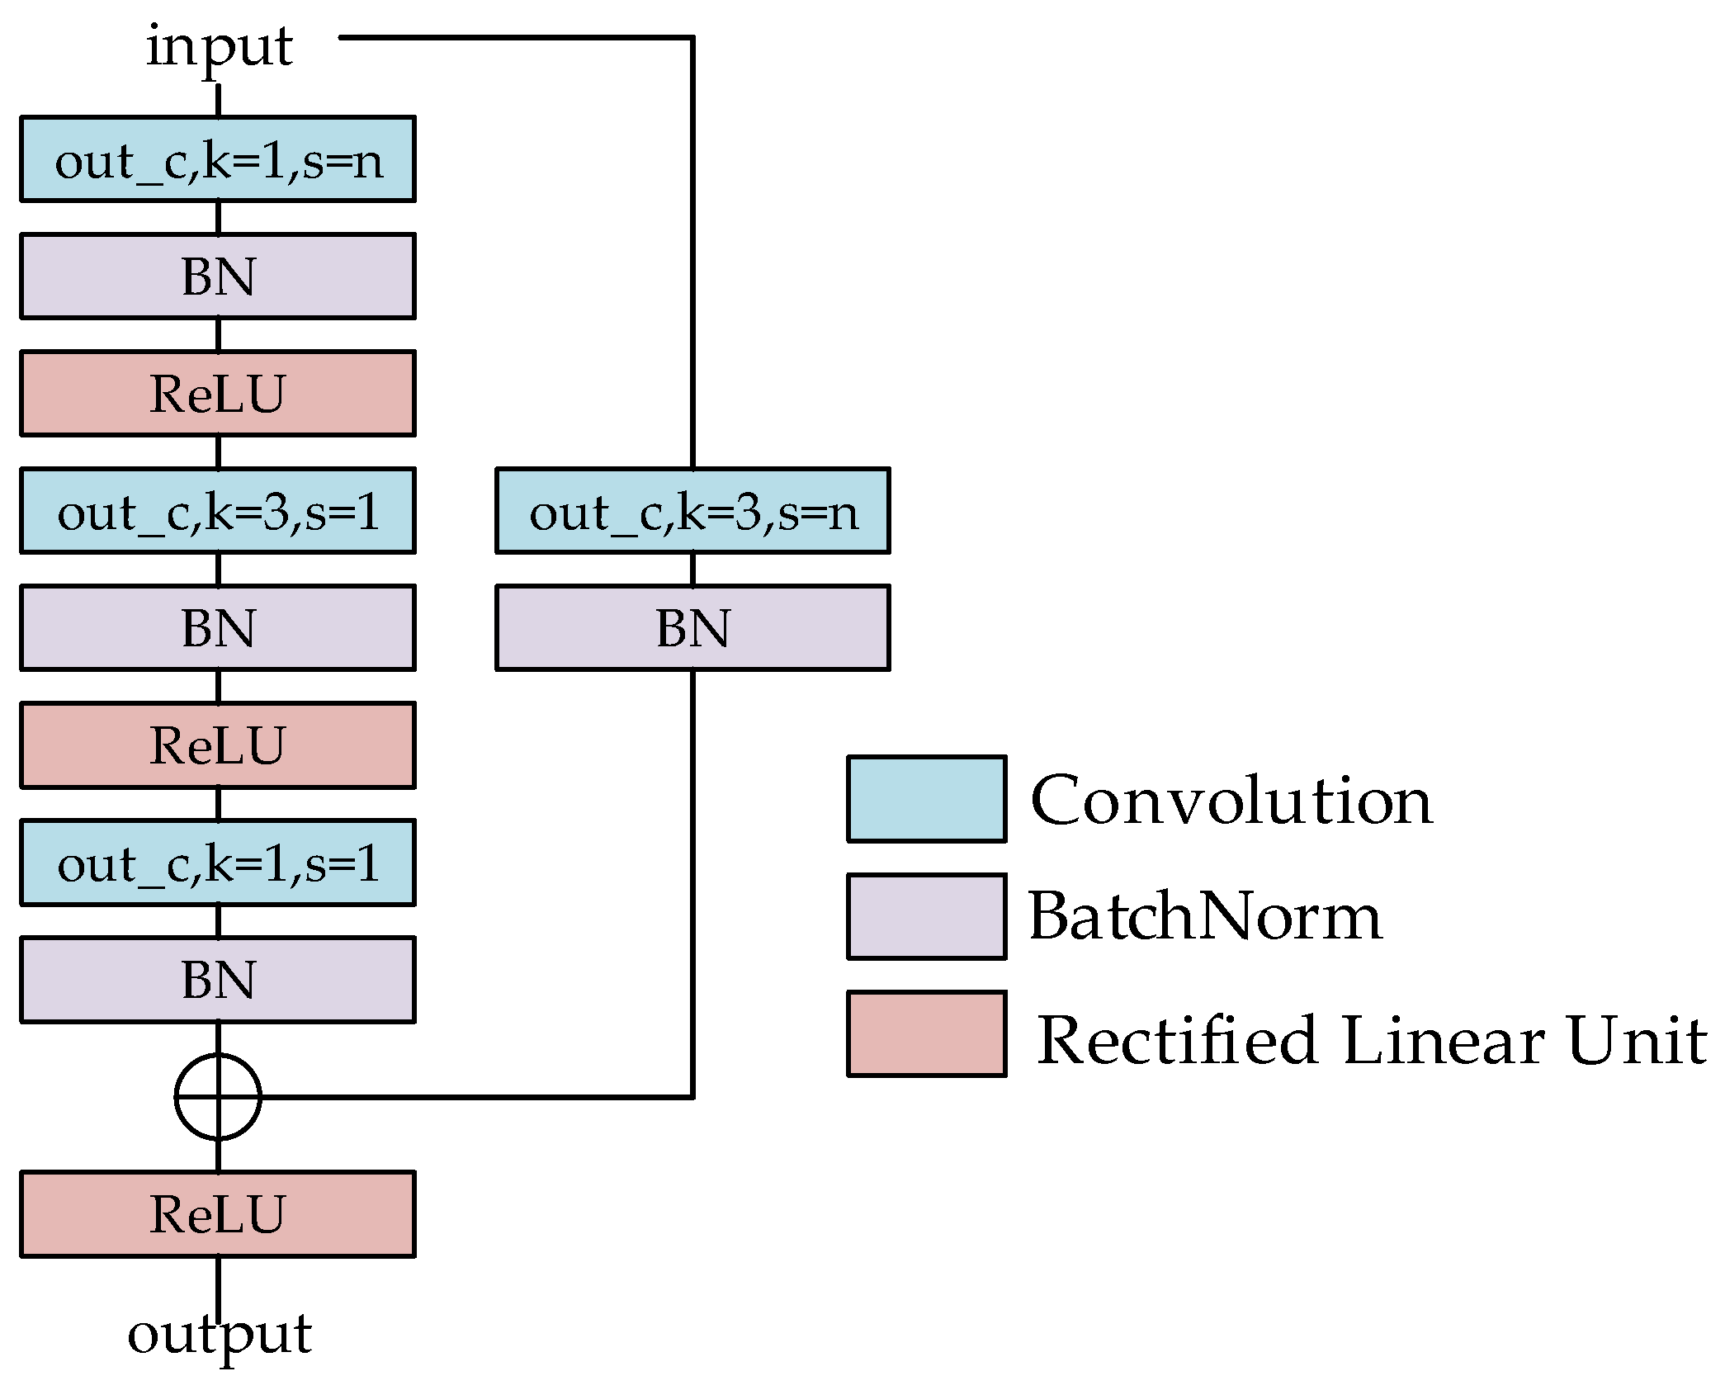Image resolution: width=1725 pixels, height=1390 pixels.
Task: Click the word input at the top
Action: [x=219, y=47]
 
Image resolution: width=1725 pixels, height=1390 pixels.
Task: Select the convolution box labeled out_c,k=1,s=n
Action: [x=218, y=159]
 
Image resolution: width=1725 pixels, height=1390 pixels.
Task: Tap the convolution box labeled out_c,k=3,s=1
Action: [x=218, y=511]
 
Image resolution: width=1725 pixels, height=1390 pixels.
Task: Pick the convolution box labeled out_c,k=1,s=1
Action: [x=218, y=863]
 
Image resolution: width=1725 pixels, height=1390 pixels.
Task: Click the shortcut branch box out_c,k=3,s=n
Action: [x=692, y=511]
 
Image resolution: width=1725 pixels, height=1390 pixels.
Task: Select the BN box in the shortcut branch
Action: [x=692, y=628]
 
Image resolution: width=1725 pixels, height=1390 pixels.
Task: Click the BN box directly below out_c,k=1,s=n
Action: [x=218, y=277]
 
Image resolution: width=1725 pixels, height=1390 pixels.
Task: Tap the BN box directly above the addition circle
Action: [x=218, y=980]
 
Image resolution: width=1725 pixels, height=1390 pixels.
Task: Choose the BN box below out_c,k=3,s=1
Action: [x=218, y=628]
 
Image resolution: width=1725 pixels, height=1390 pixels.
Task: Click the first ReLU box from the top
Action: [x=218, y=394]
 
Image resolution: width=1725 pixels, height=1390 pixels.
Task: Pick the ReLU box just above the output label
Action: [x=218, y=1214]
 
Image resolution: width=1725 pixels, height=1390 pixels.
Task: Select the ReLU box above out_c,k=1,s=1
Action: [x=218, y=745]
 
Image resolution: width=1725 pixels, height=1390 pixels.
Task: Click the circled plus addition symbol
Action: [x=218, y=1097]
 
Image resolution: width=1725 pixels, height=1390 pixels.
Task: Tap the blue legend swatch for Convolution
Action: [x=926, y=799]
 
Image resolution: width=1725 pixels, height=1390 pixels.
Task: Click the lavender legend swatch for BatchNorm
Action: [x=926, y=916]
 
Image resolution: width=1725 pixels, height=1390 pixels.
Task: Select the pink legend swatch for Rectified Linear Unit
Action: [x=926, y=1033]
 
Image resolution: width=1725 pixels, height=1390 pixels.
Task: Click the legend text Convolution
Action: [x=1231, y=801]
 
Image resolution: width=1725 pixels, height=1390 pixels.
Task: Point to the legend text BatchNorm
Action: [x=1205, y=916]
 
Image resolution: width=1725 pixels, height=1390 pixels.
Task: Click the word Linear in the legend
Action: [x=1443, y=1040]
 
